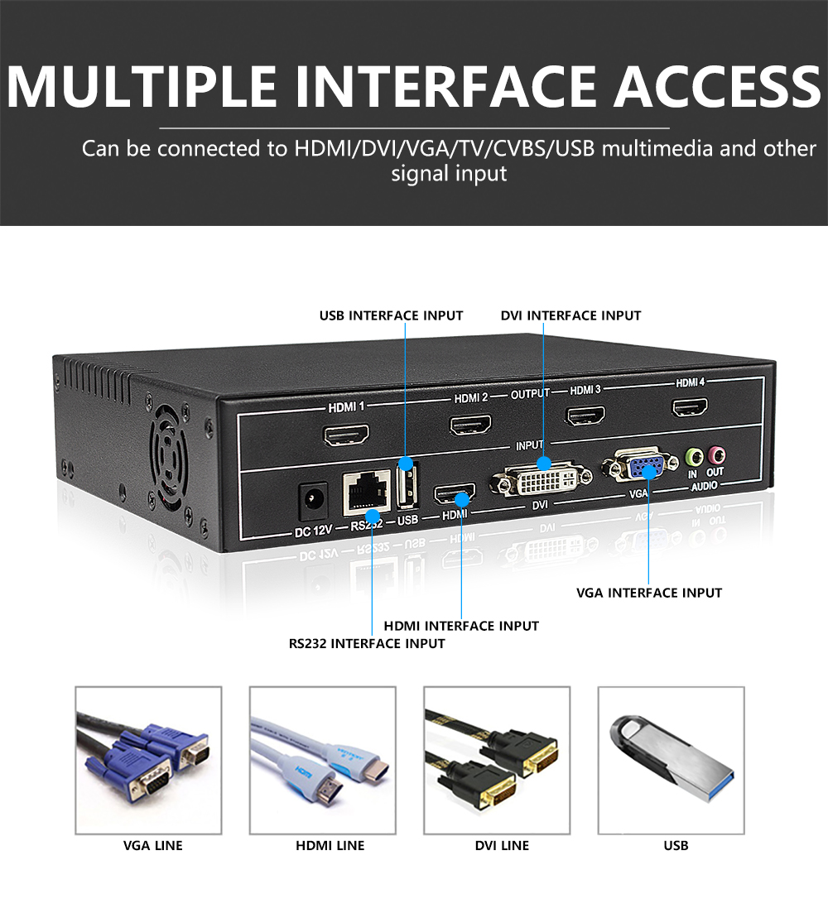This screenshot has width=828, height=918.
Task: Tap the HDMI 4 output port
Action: [689, 406]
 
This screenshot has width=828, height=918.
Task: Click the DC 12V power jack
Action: [314, 499]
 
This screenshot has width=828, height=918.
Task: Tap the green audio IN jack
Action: [694, 456]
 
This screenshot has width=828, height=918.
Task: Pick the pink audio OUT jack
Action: [716, 454]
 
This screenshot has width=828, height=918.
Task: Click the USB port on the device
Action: [405, 486]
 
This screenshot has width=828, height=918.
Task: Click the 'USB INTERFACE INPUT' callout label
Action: [392, 315]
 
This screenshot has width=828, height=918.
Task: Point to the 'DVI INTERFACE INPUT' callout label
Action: [570, 315]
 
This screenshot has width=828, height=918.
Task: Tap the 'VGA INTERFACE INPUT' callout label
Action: [649, 593]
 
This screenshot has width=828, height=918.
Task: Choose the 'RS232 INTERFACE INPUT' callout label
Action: [367, 643]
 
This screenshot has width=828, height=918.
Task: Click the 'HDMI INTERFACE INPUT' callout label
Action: [461, 626]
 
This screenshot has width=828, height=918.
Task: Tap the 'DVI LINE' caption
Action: [502, 845]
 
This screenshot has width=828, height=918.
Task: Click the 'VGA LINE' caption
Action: [153, 845]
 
